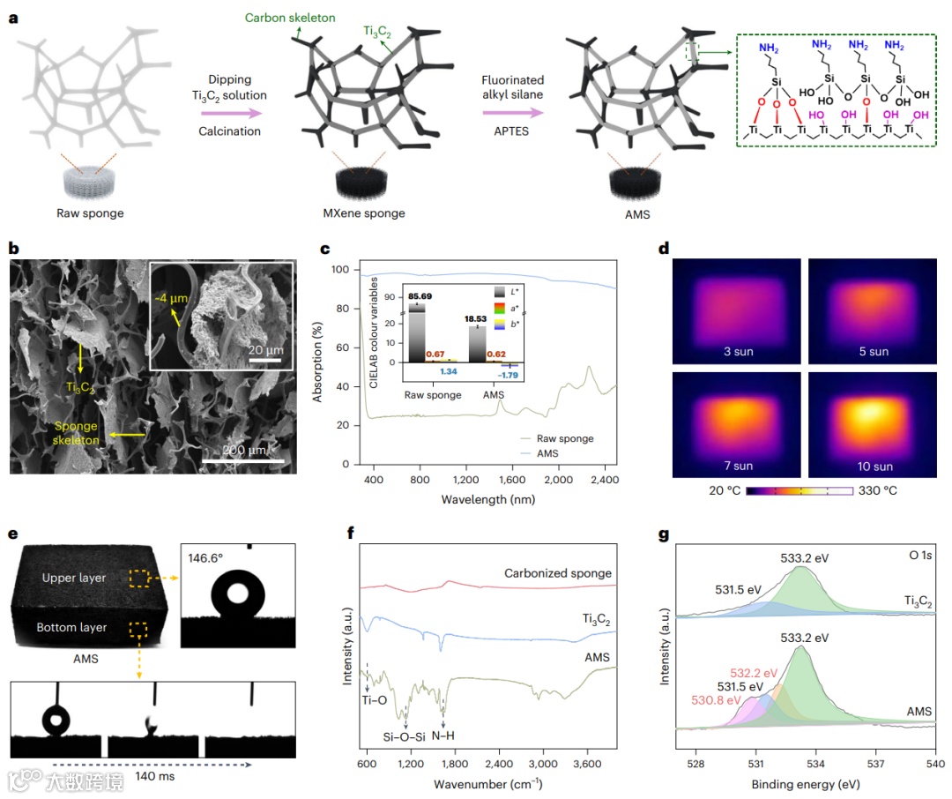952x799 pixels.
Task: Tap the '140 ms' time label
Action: click(x=157, y=777)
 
